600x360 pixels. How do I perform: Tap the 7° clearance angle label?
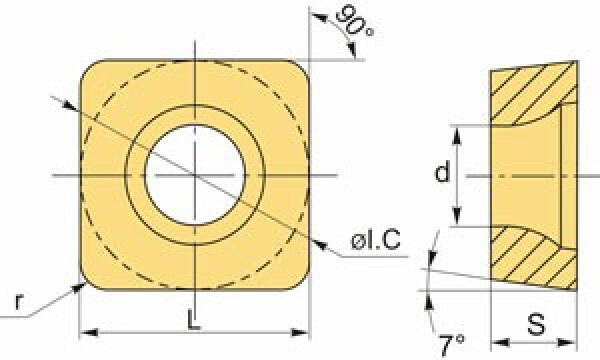(x=452, y=345)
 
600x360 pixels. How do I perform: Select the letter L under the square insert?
(x=194, y=319)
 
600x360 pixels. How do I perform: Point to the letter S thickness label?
(x=536, y=325)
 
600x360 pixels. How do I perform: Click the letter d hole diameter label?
(x=442, y=171)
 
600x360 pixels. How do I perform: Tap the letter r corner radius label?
(x=19, y=302)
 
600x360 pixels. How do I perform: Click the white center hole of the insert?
(x=195, y=175)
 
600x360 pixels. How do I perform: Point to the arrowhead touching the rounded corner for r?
(x=79, y=287)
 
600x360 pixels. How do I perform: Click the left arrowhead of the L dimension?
(x=88, y=332)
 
